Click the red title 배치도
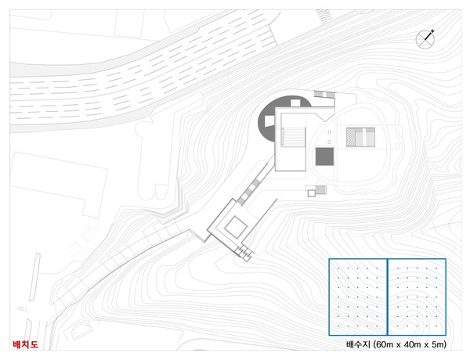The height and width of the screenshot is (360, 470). [x=26, y=344]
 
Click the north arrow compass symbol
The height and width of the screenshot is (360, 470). [x=425, y=39]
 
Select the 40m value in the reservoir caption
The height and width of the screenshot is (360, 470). [x=412, y=344]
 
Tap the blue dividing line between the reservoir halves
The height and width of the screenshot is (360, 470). [x=387, y=297]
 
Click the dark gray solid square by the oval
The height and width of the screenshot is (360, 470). [x=324, y=157]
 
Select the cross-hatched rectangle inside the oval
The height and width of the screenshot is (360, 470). [x=360, y=137]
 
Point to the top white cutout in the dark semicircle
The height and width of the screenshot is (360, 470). [x=295, y=103]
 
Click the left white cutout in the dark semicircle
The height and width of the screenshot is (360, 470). [x=269, y=121]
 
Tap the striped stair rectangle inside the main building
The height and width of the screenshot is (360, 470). [x=293, y=137]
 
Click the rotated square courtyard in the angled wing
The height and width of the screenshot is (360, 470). [x=237, y=227]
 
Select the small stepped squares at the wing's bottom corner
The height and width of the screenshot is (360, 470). [x=245, y=253]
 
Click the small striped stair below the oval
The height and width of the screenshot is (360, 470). [x=320, y=189]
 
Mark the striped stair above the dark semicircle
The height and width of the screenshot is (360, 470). [x=324, y=95]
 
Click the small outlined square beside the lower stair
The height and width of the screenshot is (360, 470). [x=312, y=193]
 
